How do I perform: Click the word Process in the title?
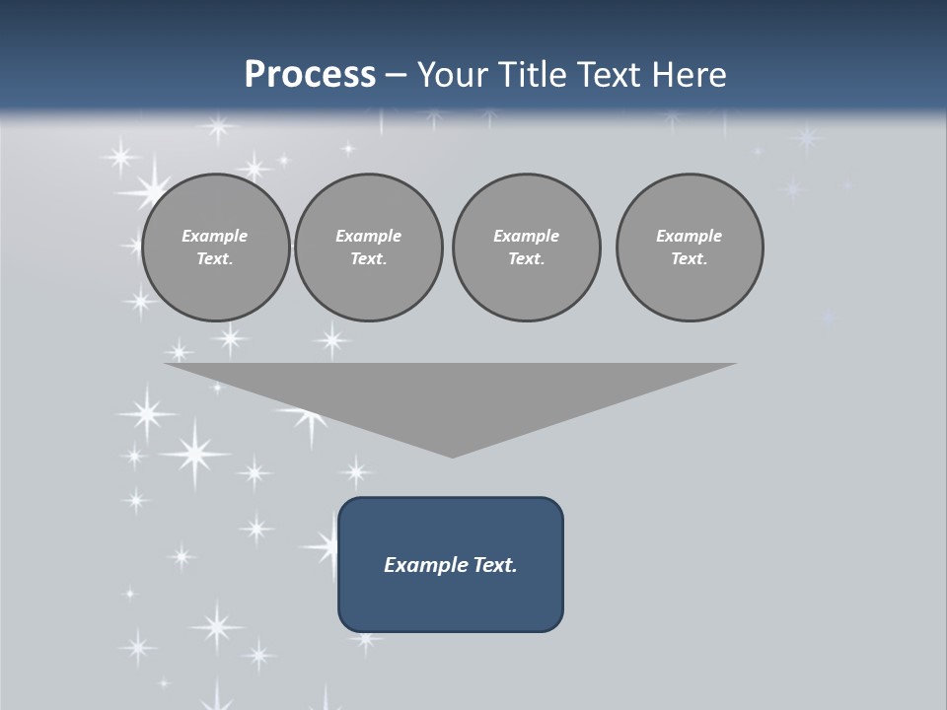point(310,75)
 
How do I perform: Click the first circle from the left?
point(215,248)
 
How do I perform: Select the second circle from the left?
point(368,248)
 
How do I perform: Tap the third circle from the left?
point(526,248)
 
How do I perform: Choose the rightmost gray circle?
point(690,248)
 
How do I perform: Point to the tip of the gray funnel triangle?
point(452,455)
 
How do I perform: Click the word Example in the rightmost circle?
point(690,236)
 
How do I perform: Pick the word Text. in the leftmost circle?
point(215,259)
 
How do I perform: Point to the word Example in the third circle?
point(526,236)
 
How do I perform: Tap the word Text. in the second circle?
point(368,259)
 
